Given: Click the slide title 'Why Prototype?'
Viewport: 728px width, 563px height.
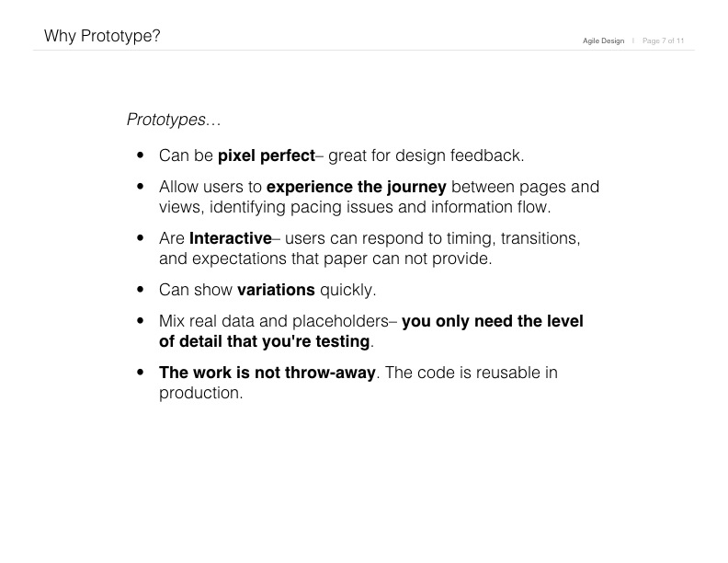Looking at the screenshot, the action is [102, 36].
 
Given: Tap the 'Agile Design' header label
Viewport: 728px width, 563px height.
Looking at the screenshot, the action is [603, 40].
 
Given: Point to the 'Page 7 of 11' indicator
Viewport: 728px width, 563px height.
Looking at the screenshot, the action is [663, 40].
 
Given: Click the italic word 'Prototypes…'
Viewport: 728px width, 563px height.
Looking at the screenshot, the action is [174, 120].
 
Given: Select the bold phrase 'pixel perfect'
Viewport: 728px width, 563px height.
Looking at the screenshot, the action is [267, 155].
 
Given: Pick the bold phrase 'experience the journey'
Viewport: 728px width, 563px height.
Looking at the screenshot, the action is [356, 187].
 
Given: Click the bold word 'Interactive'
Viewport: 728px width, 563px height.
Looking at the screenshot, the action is [231, 238].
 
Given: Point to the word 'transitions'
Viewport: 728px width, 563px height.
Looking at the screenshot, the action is [538, 238].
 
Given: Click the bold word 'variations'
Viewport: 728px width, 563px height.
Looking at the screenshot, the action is [276, 290].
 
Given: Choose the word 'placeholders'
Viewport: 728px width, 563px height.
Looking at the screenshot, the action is [340, 321].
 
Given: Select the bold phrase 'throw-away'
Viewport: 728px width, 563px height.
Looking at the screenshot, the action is [330, 373].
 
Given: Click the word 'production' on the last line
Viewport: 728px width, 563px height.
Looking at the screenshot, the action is [199, 394].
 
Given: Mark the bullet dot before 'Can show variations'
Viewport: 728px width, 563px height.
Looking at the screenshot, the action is [141, 290].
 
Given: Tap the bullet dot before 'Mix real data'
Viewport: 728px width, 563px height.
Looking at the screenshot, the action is [141, 320].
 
